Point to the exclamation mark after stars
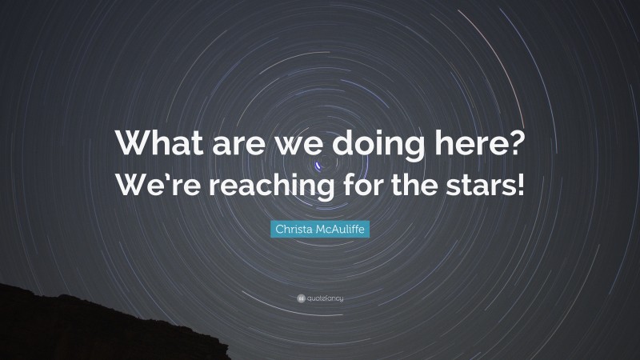[x=520, y=185]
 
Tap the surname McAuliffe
[x=342, y=230]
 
